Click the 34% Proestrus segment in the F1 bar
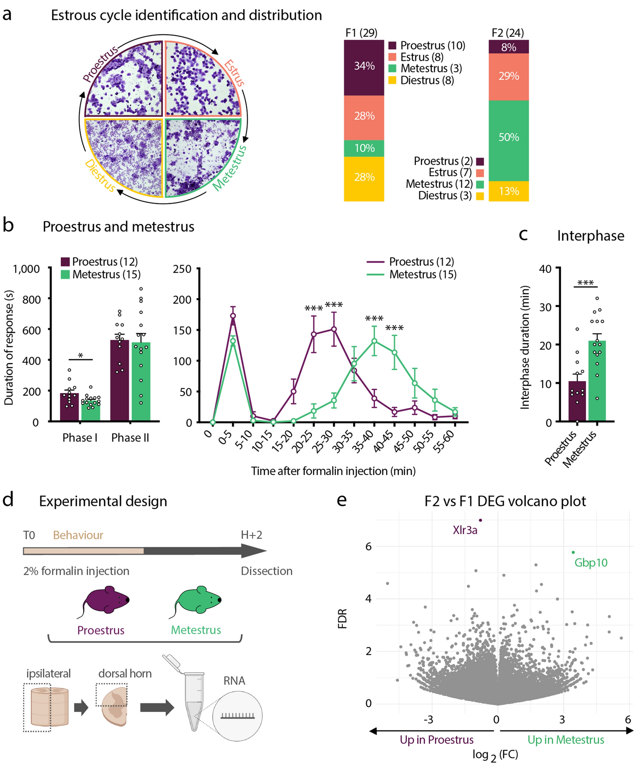(364, 67)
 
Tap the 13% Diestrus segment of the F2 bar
(508, 191)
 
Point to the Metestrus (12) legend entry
(439, 184)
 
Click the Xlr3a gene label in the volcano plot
(465, 530)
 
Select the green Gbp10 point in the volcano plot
(573, 552)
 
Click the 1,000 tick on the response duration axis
(26, 269)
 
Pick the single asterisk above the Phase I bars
(81, 356)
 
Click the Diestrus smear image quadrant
(124, 157)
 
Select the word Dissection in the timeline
(267, 571)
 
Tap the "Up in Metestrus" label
(566, 740)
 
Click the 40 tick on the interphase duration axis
(545, 269)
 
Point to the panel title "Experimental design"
(103, 501)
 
